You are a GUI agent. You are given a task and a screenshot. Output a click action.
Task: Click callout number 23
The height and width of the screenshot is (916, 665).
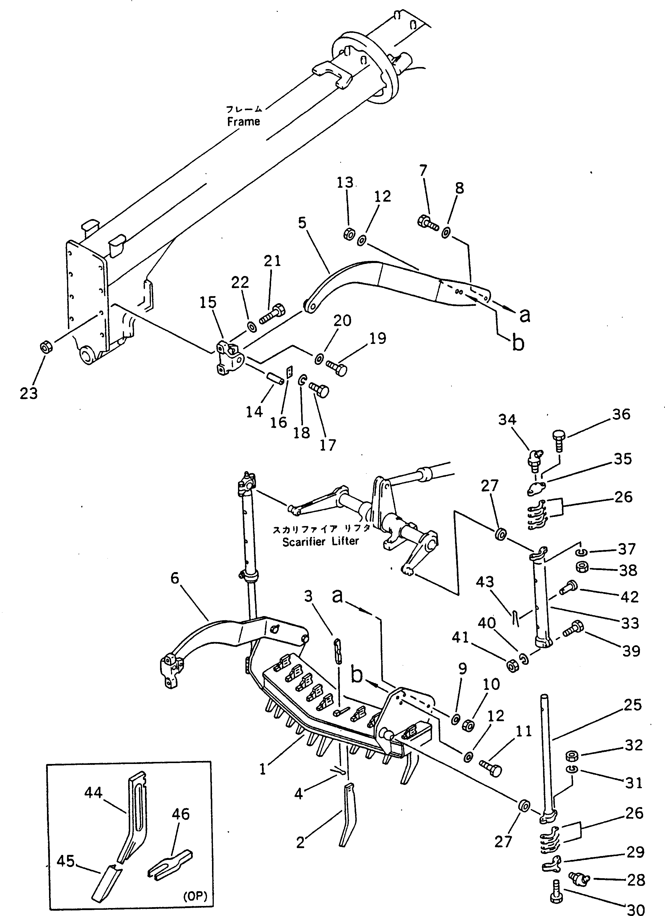(29, 393)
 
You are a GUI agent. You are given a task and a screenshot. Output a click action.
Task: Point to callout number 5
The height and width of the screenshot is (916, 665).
(302, 223)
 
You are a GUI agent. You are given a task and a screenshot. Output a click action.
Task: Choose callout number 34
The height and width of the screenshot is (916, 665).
(507, 420)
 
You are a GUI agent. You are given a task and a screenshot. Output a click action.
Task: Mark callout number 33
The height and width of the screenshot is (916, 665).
(630, 623)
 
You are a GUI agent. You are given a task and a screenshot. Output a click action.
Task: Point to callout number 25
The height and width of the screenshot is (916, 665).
(632, 705)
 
